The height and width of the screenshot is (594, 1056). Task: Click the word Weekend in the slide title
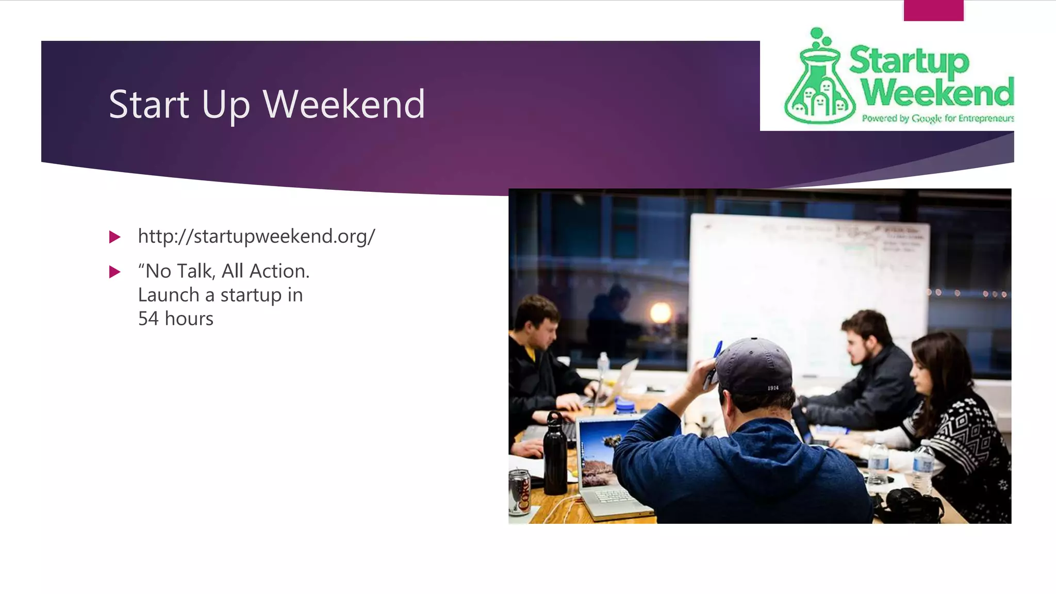pos(344,105)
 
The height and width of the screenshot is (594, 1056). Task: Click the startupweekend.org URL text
pos(256,236)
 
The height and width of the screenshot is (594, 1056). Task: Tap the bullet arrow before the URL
pos(114,237)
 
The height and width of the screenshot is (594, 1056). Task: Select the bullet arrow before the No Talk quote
pos(114,272)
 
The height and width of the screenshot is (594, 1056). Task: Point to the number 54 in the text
pos(148,319)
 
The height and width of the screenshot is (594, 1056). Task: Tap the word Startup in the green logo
pos(909,61)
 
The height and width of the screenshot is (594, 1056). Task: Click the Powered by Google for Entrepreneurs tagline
pos(937,119)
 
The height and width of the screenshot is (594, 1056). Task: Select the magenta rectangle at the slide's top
pos(933,11)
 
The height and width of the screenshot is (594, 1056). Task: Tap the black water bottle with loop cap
pos(555,454)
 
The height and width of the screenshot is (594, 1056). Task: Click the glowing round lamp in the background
pos(660,312)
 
